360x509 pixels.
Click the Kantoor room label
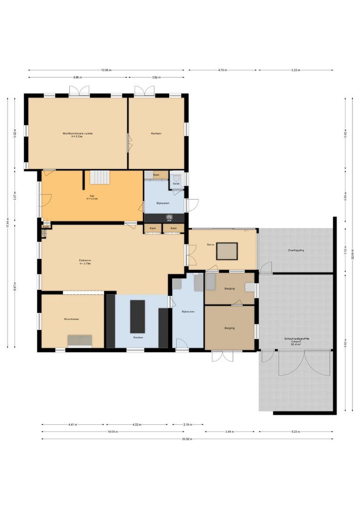pyautogui.click(x=156, y=134)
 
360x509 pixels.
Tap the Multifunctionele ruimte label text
pyautogui.click(x=78, y=133)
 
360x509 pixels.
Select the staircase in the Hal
pyautogui.click(x=99, y=177)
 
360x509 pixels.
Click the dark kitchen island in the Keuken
pyautogui.click(x=138, y=316)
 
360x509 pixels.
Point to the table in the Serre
pyautogui.click(x=227, y=251)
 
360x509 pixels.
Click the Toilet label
pyautogui.click(x=176, y=183)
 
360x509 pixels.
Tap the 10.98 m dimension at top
pyautogui.click(x=106, y=70)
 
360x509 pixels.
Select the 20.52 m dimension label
pyautogui.click(x=187, y=439)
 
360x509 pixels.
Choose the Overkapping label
pyautogui.click(x=296, y=250)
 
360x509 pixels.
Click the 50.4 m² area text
pyautogui.click(x=296, y=345)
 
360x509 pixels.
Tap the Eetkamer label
pyautogui.click(x=85, y=260)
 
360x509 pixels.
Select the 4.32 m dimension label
pyautogui.click(x=138, y=424)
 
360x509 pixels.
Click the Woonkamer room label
pyautogui.click(x=72, y=319)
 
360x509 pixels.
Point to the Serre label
pyautogui.click(x=211, y=245)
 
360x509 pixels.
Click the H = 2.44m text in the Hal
pyautogui.click(x=92, y=199)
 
